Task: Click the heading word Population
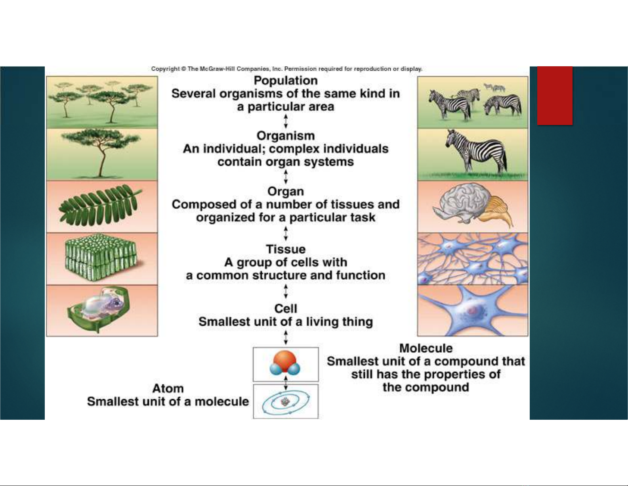click(286, 81)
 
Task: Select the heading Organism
click(286, 136)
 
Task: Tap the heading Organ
click(286, 192)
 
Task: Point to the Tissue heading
click(286, 249)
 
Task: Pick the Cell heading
click(286, 308)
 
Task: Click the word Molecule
click(426, 348)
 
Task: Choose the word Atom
click(168, 388)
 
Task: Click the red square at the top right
click(555, 96)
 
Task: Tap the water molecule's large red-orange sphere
click(284, 361)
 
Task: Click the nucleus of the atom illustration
click(286, 401)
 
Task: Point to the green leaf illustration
click(101, 206)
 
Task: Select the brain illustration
click(473, 206)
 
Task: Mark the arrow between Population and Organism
click(286, 121)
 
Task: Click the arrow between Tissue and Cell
click(286, 291)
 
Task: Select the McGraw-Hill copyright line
click(287, 69)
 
